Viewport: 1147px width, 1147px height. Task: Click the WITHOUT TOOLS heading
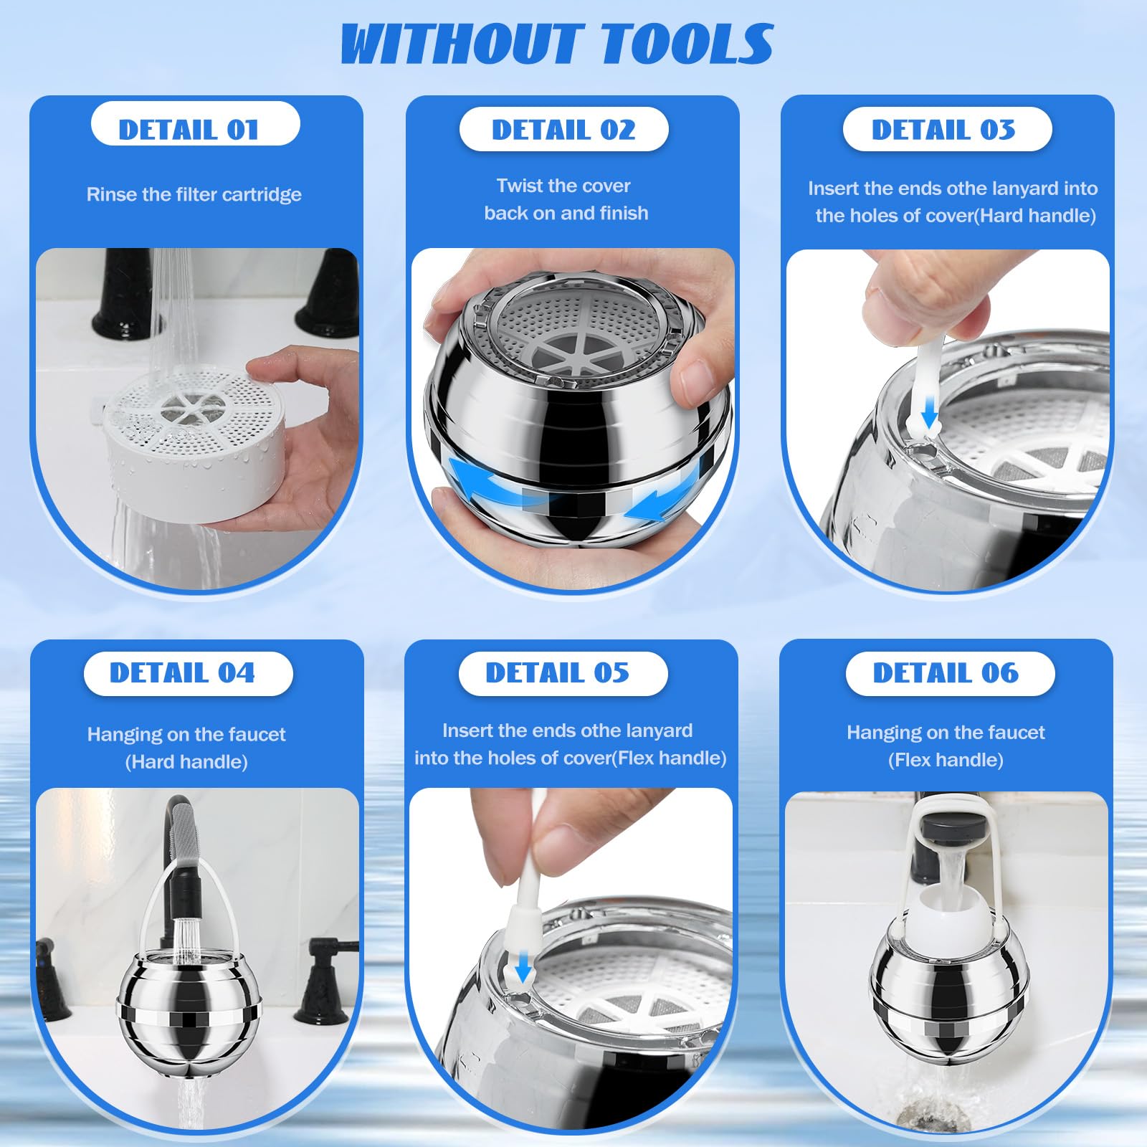(x=557, y=44)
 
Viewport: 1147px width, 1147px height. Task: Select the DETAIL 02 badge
(x=564, y=129)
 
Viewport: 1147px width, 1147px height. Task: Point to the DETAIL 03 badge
(x=947, y=129)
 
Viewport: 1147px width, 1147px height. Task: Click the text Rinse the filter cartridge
(x=194, y=194)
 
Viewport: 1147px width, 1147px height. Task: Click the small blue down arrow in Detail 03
(x=930, y=411)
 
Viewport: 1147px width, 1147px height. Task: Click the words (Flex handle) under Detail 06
(x=946, y=760)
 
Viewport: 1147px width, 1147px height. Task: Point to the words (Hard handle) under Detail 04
(x=186, y=762)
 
